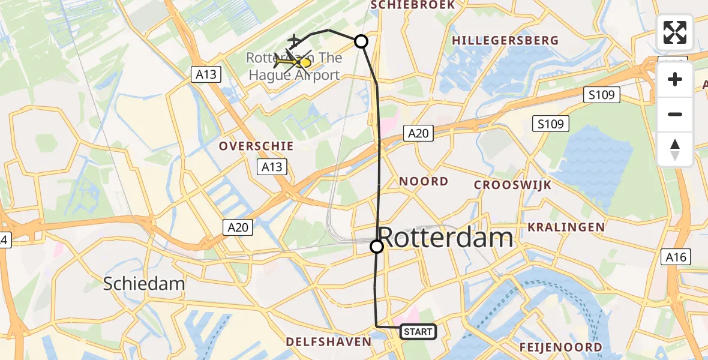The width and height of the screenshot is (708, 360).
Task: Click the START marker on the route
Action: pyautogui.click(x=418, y=331)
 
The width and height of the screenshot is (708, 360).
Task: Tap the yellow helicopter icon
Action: pyautogui.click(x=295, y=61)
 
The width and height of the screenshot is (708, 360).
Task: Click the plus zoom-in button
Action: pyautogui.click(x=675, y=80)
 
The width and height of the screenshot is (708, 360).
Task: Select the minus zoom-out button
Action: pyautogui.click(x=675, y=114)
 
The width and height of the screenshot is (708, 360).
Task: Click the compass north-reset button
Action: pyautogui.click(x=675, y=149)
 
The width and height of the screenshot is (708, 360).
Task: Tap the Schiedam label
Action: pyautogui.click(x=143, y=283)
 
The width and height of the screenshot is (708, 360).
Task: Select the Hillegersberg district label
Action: pyautogui.click(x=505, y=41)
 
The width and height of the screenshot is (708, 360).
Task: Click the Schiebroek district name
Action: pyautogui.click(x=413, y=5)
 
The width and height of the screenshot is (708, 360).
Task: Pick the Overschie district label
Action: pyautogui.click(x=256, y=146)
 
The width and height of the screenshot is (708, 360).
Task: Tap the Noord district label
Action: pyautogui.click(x=424, y=181)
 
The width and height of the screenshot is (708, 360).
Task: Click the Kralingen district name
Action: pyautogui.click(x=566, y=227)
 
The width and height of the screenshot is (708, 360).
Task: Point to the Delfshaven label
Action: pyautogui.click(x=328, y=341)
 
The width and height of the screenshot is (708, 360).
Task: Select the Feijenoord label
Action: pyautogui.click(x=560, y=347)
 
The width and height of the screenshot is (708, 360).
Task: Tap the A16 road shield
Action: pyautogui.click(x=676, y=257)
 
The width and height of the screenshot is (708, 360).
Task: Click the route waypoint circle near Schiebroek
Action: pyautogui.click(x=361, y=41)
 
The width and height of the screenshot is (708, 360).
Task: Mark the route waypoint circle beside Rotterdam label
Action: pyautogui.click(x=377, y=247)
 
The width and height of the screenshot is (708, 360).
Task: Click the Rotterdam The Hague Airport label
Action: pyautogui.click(x=294, y=67)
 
